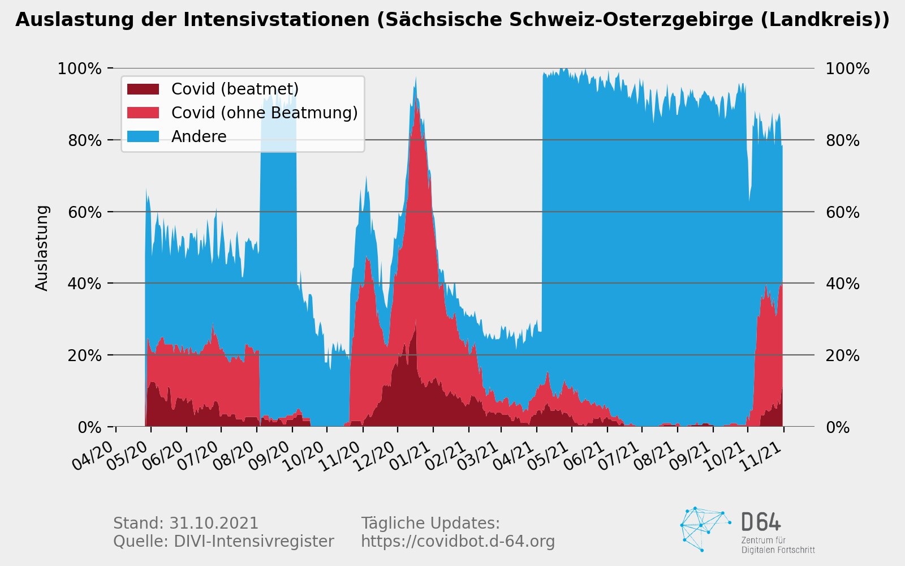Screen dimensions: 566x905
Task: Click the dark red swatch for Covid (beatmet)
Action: pyautogui.click(x=143, y=89)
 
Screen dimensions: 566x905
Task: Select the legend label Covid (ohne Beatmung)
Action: pyautogui.click(x=264, y=113)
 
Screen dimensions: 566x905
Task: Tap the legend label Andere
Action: pyautogui.click(x=199, y=136)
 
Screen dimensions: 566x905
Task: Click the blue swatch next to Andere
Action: pyautogui.click(x=143, y=136)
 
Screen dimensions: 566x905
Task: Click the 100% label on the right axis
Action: pyautogui.click(x=847, y=69)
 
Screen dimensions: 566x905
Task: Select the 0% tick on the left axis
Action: pyautogui.click(x=89, y=427)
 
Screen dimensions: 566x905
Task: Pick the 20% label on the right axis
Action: pyautogui.click(x=843, y=355)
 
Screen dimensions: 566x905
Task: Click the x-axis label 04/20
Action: pyautogui.click(x=94, y=456)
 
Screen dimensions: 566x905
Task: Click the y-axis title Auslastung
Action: pyautogui.click(x=42, y=248)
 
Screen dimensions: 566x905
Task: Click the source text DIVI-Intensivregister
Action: pyautogui.click(x=253, y=542)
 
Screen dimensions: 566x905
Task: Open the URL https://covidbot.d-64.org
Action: pyautogui.click(x=458, y=542)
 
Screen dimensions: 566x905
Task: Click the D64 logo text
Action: pyautogui.click(x=761, y=522)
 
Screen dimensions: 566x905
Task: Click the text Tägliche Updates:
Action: pyautogui.click(x=430, y=523)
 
